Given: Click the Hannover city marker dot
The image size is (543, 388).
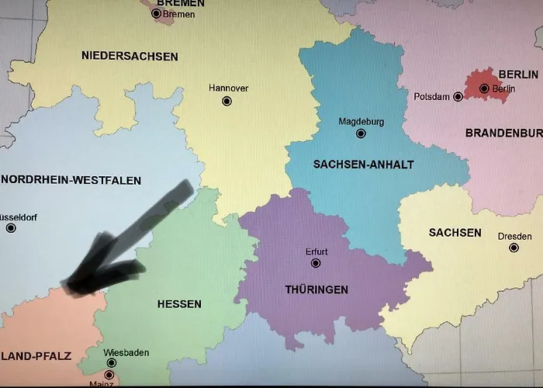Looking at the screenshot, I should click(x=227, y=101).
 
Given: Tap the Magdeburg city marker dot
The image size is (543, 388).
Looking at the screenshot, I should click(x=361, y=133).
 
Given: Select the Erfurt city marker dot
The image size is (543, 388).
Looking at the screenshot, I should click(x=316, y=263).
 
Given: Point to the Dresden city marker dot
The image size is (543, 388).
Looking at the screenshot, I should click(x=514, y=248).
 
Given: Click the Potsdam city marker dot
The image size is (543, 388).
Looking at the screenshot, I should click(x=458, y=96).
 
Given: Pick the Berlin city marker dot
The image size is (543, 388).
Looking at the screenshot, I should click(x=484, y=88).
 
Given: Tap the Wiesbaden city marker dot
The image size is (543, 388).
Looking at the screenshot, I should click(x=111, y=363).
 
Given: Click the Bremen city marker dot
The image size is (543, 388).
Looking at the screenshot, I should click(x=156, y=13).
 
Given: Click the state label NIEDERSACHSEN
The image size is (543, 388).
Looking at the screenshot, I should click(x=130, y=56).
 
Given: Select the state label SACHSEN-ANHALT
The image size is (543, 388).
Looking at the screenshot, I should click(x=363, y=165).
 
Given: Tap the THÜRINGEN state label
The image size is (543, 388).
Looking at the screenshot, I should click(x=316, y=289).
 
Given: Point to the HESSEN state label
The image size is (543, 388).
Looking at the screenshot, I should click(x=179, y=303).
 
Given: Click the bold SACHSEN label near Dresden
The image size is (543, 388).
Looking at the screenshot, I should click(x=455, y=232).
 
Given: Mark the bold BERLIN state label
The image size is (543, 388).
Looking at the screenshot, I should click(x=518, y=74).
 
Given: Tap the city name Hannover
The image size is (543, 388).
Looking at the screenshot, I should click(x=229, y=88).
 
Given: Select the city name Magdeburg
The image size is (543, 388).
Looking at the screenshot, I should click(x=361, y=121).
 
